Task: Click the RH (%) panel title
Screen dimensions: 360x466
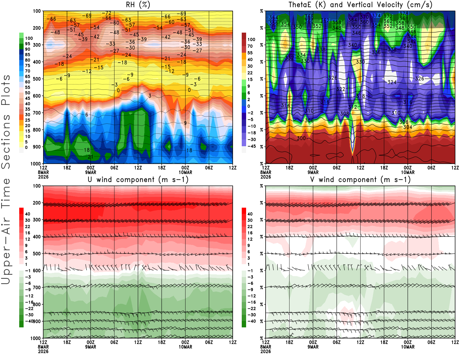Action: (x=138, y=5)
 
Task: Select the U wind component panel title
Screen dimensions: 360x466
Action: (x=138, y=180)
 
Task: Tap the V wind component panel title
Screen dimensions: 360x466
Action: (x=360, y=180)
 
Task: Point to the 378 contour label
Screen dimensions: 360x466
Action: (x=404, y=14)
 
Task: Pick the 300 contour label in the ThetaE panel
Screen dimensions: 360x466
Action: (x=301, y=138)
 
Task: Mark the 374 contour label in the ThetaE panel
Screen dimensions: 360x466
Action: (x=376, y=15)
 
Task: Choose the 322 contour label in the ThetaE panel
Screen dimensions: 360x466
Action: (x=340, y=89)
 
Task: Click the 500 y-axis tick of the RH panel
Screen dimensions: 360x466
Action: (x=37, y=79)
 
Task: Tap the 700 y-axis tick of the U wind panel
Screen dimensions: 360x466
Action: (x=37, y=287)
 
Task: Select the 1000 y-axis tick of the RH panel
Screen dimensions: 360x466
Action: (x=36, y=164)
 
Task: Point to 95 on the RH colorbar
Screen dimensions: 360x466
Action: (x=27, y=44)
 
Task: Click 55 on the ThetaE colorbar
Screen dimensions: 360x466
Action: (x=250, y=53)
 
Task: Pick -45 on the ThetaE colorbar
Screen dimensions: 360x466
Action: (x=251, y=146)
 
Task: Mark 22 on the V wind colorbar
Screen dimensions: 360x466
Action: (x=250, y=227)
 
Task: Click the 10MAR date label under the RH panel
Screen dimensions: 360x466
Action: (x=185, y=172)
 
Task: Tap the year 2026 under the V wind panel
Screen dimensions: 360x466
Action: (x=266, y=352)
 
